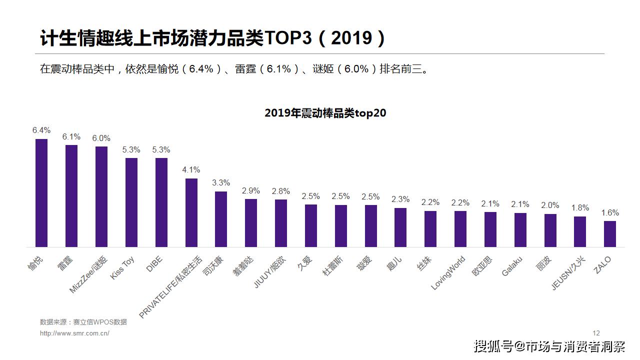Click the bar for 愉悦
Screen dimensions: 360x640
pos(41,192)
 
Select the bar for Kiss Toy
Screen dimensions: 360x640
pos(131,202)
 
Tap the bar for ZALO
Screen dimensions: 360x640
pos(610,233)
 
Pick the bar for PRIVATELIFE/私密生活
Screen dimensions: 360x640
pos(191,212)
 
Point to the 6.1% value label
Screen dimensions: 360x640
pos(71,136)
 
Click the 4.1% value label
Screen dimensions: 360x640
pos(191,170)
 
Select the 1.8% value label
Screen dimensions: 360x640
pos(580,208)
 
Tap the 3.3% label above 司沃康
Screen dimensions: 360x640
pos(221,183)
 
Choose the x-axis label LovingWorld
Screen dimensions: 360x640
pos(448,273)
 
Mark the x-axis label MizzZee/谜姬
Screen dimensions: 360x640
pos(88,274)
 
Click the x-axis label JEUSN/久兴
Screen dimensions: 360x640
pos(567,273)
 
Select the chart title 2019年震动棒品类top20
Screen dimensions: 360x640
pos(325,113)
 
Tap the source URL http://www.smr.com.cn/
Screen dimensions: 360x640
pos(74,333)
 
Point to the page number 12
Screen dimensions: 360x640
pos(596,333)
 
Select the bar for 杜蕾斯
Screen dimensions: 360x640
pos(341,225)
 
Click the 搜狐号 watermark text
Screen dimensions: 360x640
pos(492,346)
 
